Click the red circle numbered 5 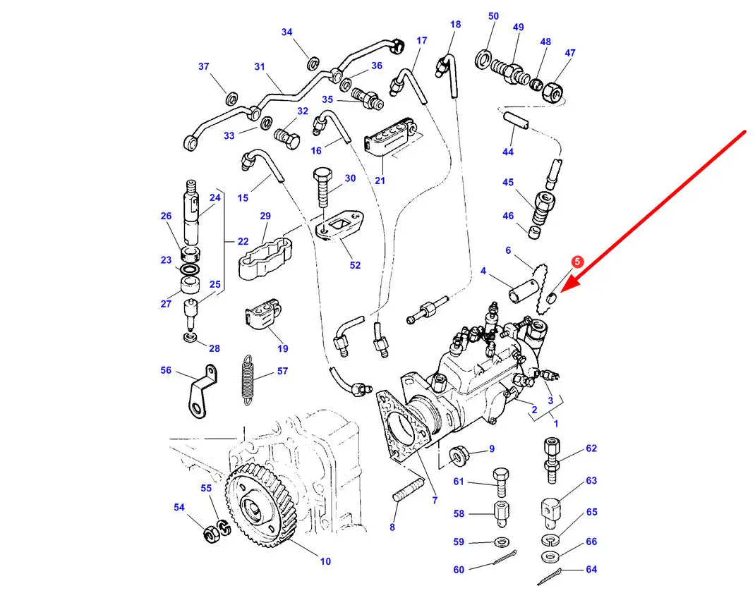pyautogui.click(x=577, y=262)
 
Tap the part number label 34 pyautogui.click(x=286, y=32)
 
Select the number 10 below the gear pyautogui.click(x=325, y=561)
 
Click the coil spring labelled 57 pyautogui.click(x=247, y=377)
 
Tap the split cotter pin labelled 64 pyautogui.click(x=550, y=576)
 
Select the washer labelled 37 pyautogui.click(x=231, y=99)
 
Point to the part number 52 pyautogui.click(x=355, y=264)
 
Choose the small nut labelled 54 pyautogui.click(x=210, y=533)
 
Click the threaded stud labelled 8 pyautogui.click(x=409, y=489)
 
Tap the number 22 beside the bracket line pyautogui.click(x=243, y=242)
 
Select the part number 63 pyautogui.click(x=591, y=480)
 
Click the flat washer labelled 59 pyautogui.click(x=502, y=542)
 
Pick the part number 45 pyautogui.click(x=508, y=182)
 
